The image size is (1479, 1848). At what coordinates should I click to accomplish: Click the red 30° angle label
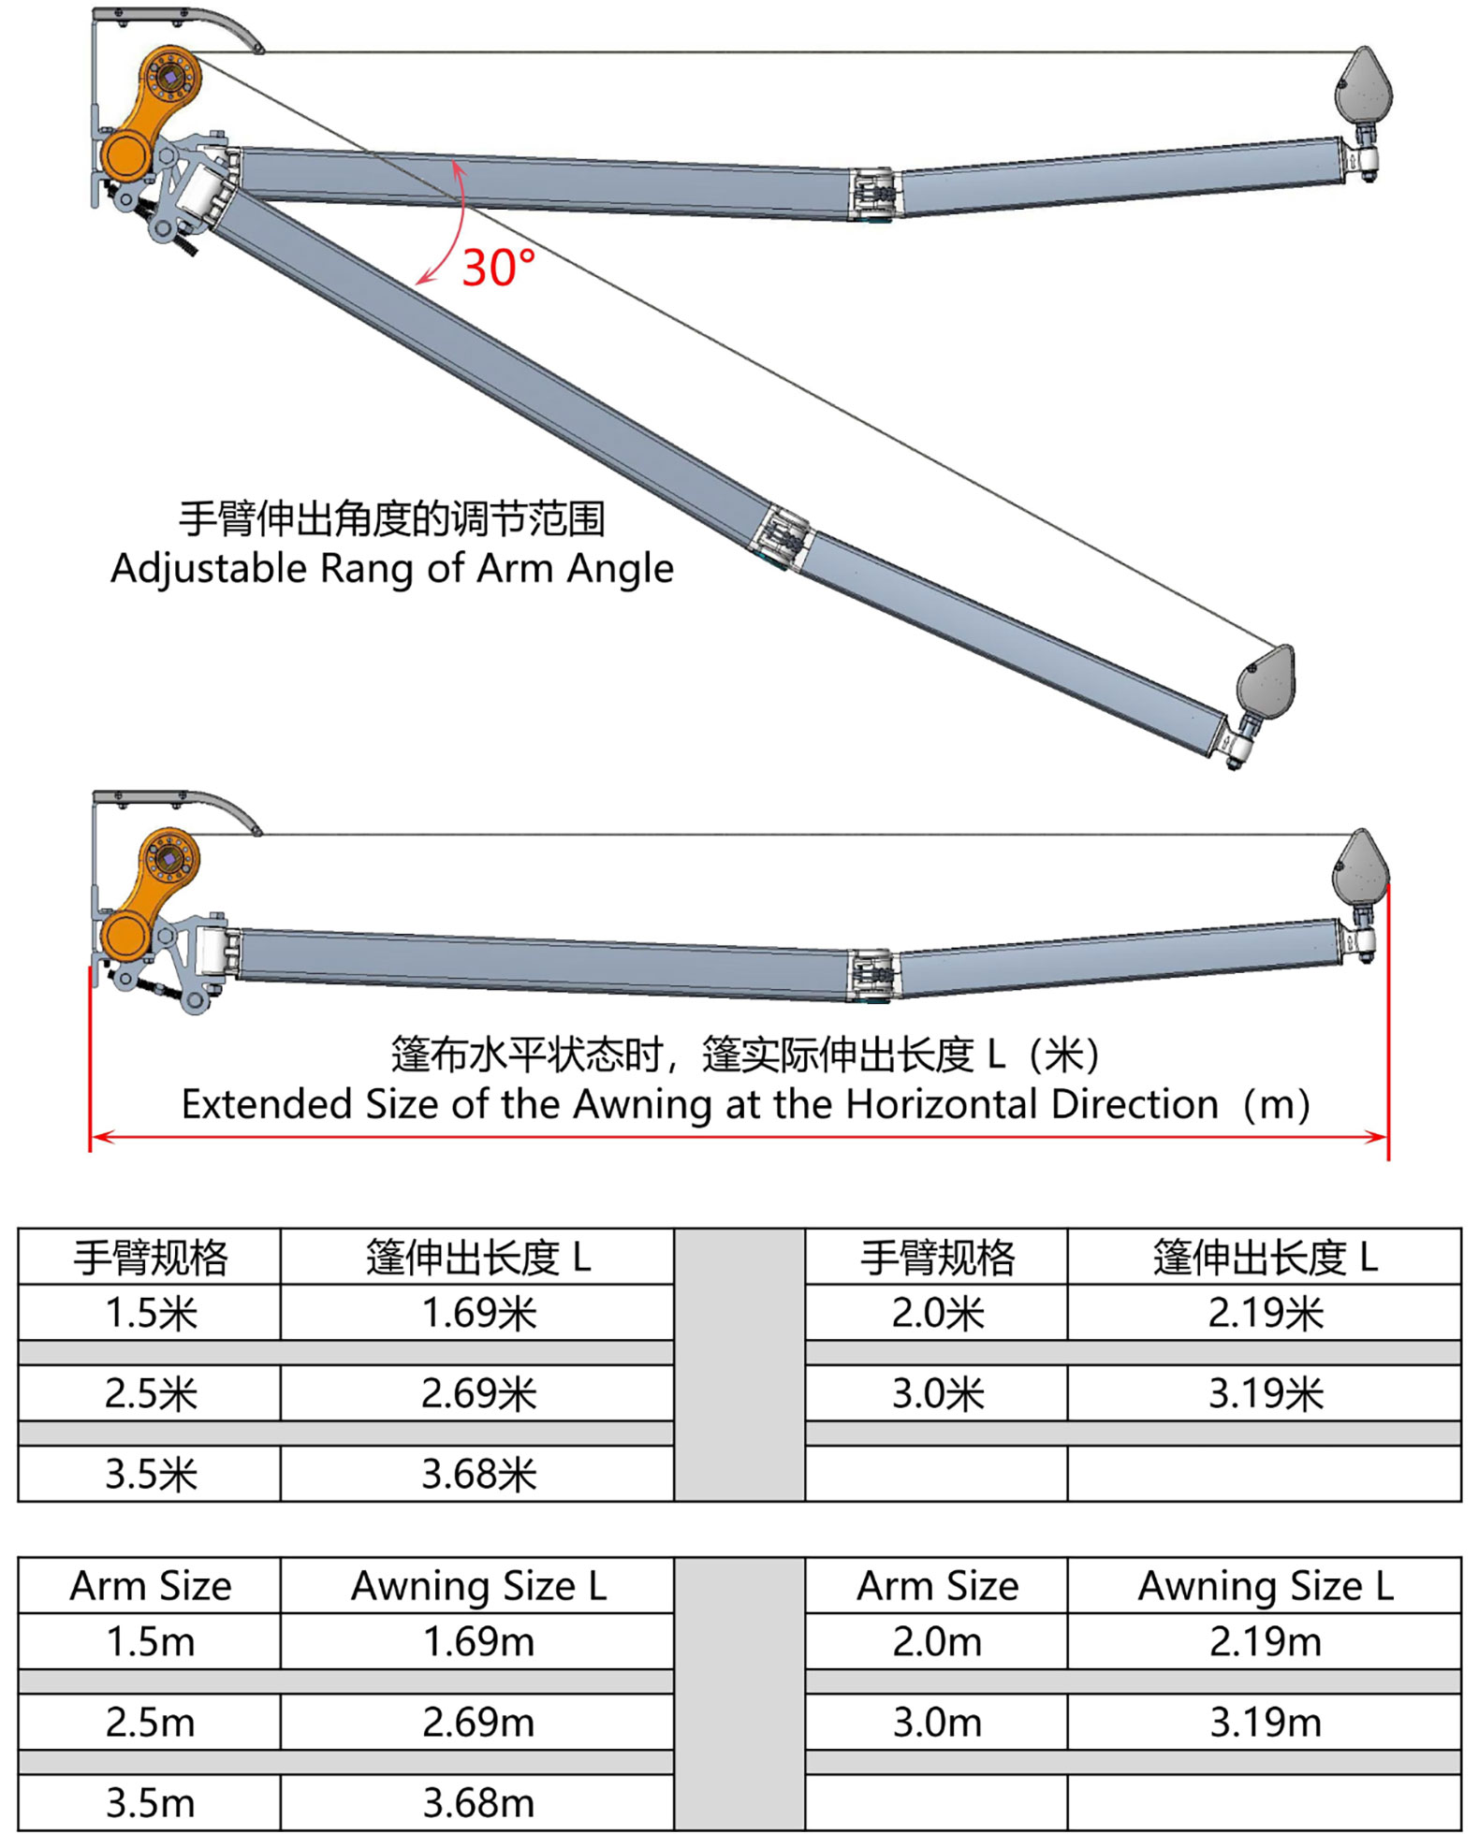[x=498, y=268]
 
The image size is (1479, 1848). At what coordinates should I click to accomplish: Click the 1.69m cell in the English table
[x=477, y=1641]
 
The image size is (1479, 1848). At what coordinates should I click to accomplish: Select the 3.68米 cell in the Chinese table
[x=477, y=1474]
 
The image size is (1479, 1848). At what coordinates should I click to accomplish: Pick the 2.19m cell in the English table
[x=1265, y=1641]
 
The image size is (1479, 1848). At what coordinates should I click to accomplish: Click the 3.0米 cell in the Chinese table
[x=937, y=1393]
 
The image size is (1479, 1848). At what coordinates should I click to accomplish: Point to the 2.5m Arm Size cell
[x=150, y=1722]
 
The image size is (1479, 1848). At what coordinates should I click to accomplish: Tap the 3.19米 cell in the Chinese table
[x=1265, y=1393]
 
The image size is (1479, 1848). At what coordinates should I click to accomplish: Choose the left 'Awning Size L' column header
[x=477, y=1586]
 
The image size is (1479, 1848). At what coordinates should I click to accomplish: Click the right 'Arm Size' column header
[x=937, y=1586]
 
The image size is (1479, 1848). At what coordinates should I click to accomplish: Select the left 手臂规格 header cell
[x=150, y=1257]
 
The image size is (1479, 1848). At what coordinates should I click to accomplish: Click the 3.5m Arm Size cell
[x=150, y=1802]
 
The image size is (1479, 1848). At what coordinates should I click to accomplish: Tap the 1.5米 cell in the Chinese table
[x=150, y=1313]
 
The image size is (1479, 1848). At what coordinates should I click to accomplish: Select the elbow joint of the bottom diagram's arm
[x=872, y=975]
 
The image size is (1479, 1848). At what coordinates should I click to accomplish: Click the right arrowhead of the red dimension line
[x=1377, y=1137]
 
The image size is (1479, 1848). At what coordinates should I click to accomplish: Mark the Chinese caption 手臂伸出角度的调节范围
[x=392, y=519]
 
